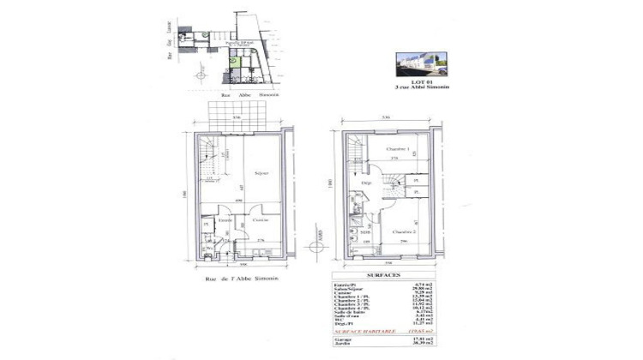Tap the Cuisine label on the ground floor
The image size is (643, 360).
pyautogui.click(x=261, y=220)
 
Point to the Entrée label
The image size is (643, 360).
pyautogui.click(x=225, y=220)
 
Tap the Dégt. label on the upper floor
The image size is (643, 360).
pyautogui.click(x=365, y=183)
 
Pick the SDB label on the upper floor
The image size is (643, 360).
pyautogui.click(x=364, y=231)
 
